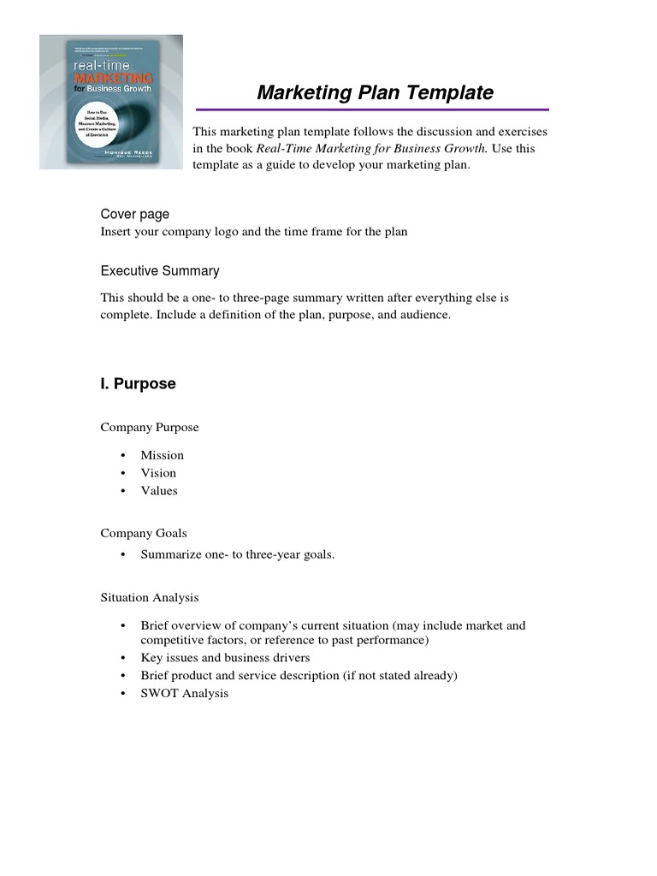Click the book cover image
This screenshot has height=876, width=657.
111,102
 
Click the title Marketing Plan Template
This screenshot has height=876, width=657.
375,92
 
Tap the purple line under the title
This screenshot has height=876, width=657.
372,109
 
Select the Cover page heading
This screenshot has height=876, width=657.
135,214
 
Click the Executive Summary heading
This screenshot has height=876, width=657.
160,271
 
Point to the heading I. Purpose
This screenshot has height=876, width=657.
138,384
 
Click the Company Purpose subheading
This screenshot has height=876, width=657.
150,428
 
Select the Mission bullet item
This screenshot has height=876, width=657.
163,455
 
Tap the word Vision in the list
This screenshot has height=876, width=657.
159,473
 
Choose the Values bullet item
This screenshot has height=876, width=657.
159,491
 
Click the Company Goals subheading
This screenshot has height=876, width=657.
144,533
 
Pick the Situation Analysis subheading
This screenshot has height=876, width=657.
150,597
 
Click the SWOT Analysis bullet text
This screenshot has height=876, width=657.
185,694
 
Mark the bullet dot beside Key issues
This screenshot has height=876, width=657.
123,658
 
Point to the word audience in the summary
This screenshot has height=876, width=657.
423,315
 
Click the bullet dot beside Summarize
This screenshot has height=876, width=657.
123,554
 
